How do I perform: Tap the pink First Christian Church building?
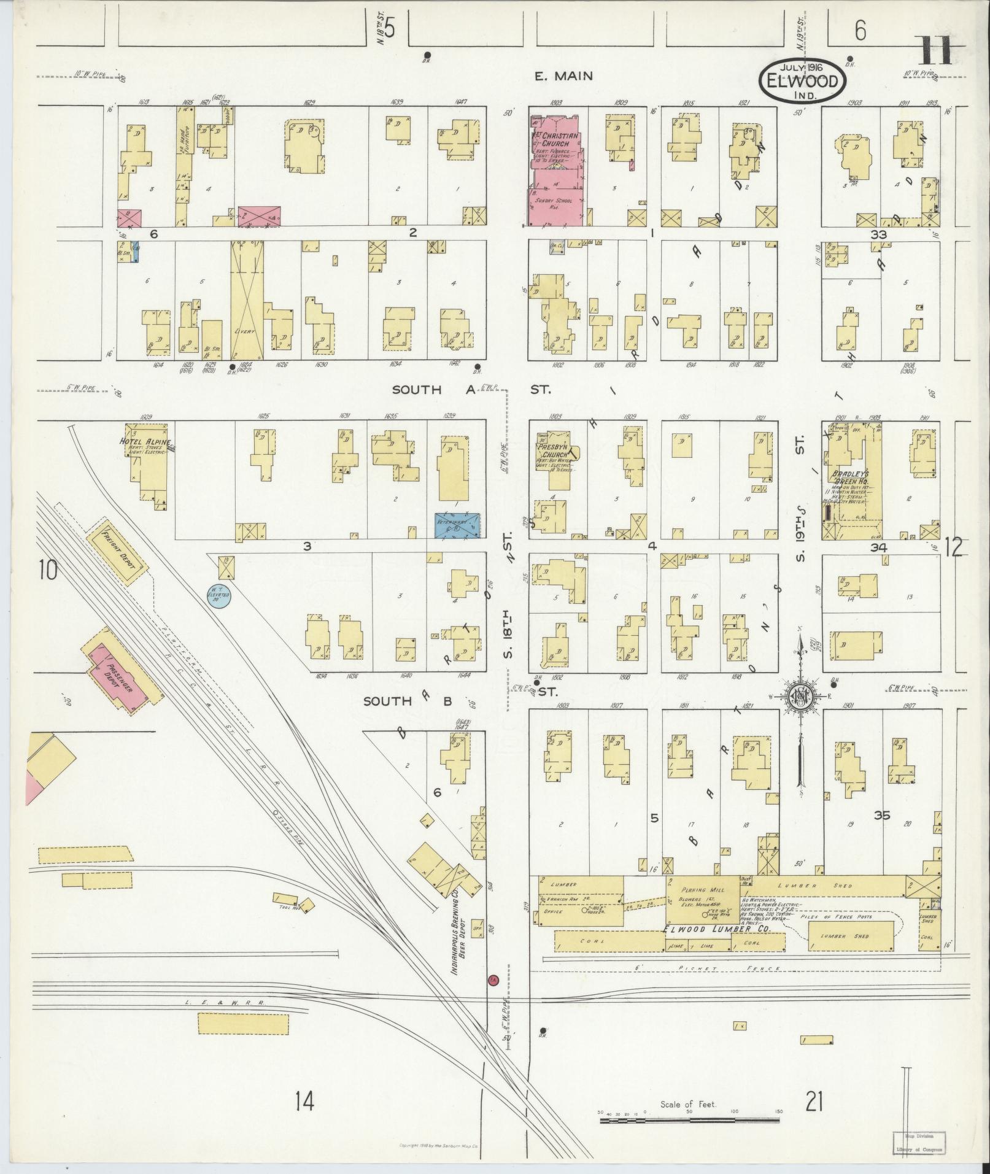555,178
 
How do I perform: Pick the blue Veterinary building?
457,525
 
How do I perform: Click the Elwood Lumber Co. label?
717,929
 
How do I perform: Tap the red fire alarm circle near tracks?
492,981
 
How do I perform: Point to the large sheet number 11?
935,51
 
